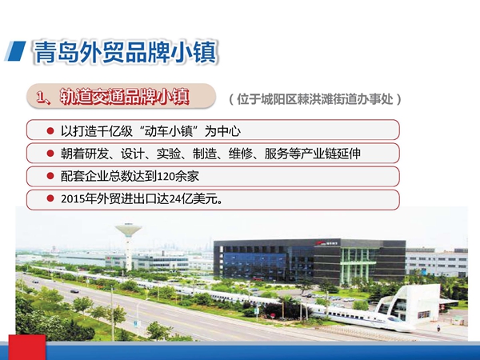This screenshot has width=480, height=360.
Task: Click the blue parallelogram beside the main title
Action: point(15,51)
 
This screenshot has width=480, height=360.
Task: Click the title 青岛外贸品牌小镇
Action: point(126,52)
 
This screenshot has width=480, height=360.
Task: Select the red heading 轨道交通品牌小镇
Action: point(124,97)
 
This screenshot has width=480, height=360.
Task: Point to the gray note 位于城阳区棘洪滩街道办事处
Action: point(315,99)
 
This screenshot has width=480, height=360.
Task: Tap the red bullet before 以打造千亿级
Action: point(50,130)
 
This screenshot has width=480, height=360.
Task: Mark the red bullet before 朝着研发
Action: point(50,153)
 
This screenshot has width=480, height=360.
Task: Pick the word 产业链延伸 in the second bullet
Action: point(331,154)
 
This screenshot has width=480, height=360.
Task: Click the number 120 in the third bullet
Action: point(166,176)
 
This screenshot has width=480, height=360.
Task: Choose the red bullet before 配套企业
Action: point(50,176)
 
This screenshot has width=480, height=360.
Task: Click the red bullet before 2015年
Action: point(50,198)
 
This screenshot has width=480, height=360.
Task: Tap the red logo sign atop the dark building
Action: point(327,243)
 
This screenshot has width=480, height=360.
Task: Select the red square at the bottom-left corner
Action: point(27,347)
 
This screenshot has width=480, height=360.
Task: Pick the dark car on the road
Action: point(74,291)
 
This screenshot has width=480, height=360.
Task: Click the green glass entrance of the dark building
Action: point(358,266)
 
